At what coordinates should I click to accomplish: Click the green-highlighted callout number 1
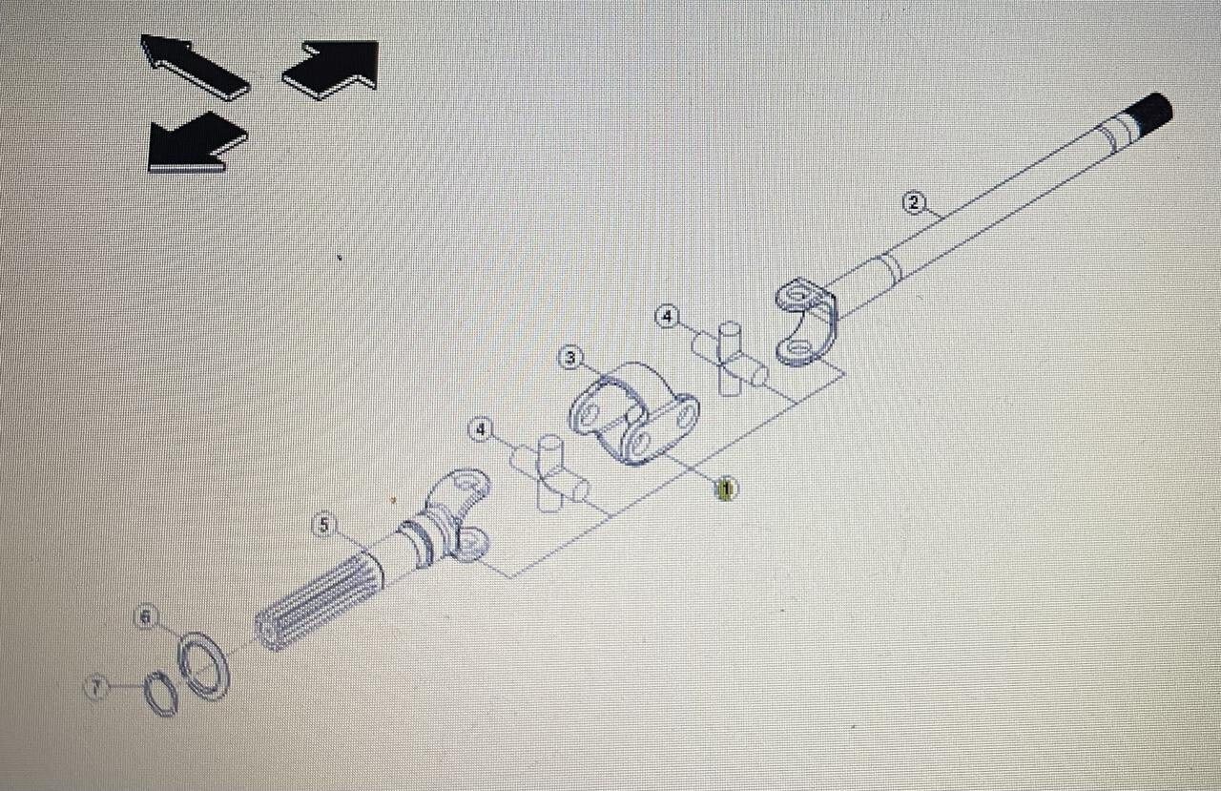click(726, 489)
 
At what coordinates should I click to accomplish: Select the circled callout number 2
click(914, 202)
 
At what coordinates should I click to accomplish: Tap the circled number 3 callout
click(569, 358)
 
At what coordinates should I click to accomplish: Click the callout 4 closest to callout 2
click(667, 315)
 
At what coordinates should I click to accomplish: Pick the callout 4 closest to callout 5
click(479, 431)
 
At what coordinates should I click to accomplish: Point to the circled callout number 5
click(324, 524)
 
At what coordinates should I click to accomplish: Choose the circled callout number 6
click(146, 618)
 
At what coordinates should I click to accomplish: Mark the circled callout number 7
click(95, 686)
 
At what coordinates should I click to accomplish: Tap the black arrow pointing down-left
click(196, 143)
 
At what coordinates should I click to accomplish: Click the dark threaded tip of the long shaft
click(1152, 109)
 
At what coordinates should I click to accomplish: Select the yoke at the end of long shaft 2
click(807, 320)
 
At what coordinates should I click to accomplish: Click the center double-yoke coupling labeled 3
click(633, 415)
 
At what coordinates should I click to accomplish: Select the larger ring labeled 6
click(204, 664)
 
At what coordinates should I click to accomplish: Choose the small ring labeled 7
click(160, 694)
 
